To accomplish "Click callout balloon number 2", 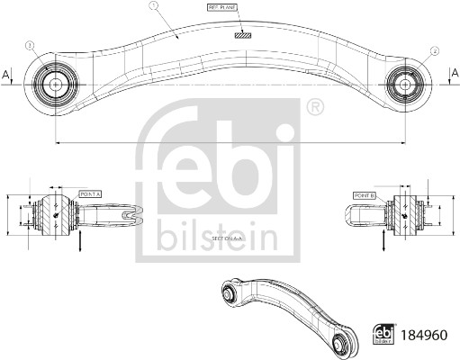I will [435, 51].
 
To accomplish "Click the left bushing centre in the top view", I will [53, 83].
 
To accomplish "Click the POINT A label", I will [91, 193].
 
